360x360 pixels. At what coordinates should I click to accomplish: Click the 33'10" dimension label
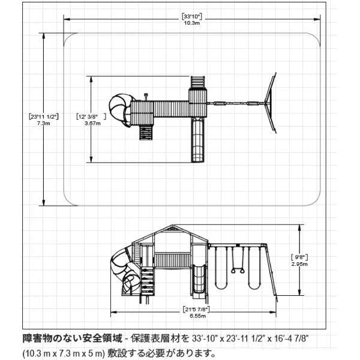[x=192, y=17]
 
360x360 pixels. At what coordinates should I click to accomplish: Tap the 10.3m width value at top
[x=192, y=23]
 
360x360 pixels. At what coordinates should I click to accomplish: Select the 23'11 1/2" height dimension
[x=44, y=116]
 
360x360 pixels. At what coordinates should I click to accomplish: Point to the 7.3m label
[x=44, y=123]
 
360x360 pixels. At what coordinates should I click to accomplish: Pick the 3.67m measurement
[x=92, y=123]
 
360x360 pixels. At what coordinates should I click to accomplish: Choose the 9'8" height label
[x=299, y=257]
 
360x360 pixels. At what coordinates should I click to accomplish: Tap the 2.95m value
[x=299, y=264]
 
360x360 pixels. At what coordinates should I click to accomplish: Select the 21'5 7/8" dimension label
[x=197, y=310]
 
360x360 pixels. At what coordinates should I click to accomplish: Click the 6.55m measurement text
[x=197, y=316]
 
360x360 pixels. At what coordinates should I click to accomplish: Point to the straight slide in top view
[x=197, y=140]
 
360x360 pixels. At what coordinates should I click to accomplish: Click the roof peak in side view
[x=174, y=225]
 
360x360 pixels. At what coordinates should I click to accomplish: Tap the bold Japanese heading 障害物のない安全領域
[x=73, y=338]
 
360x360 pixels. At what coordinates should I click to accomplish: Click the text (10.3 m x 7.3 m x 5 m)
[x=64, y=353]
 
